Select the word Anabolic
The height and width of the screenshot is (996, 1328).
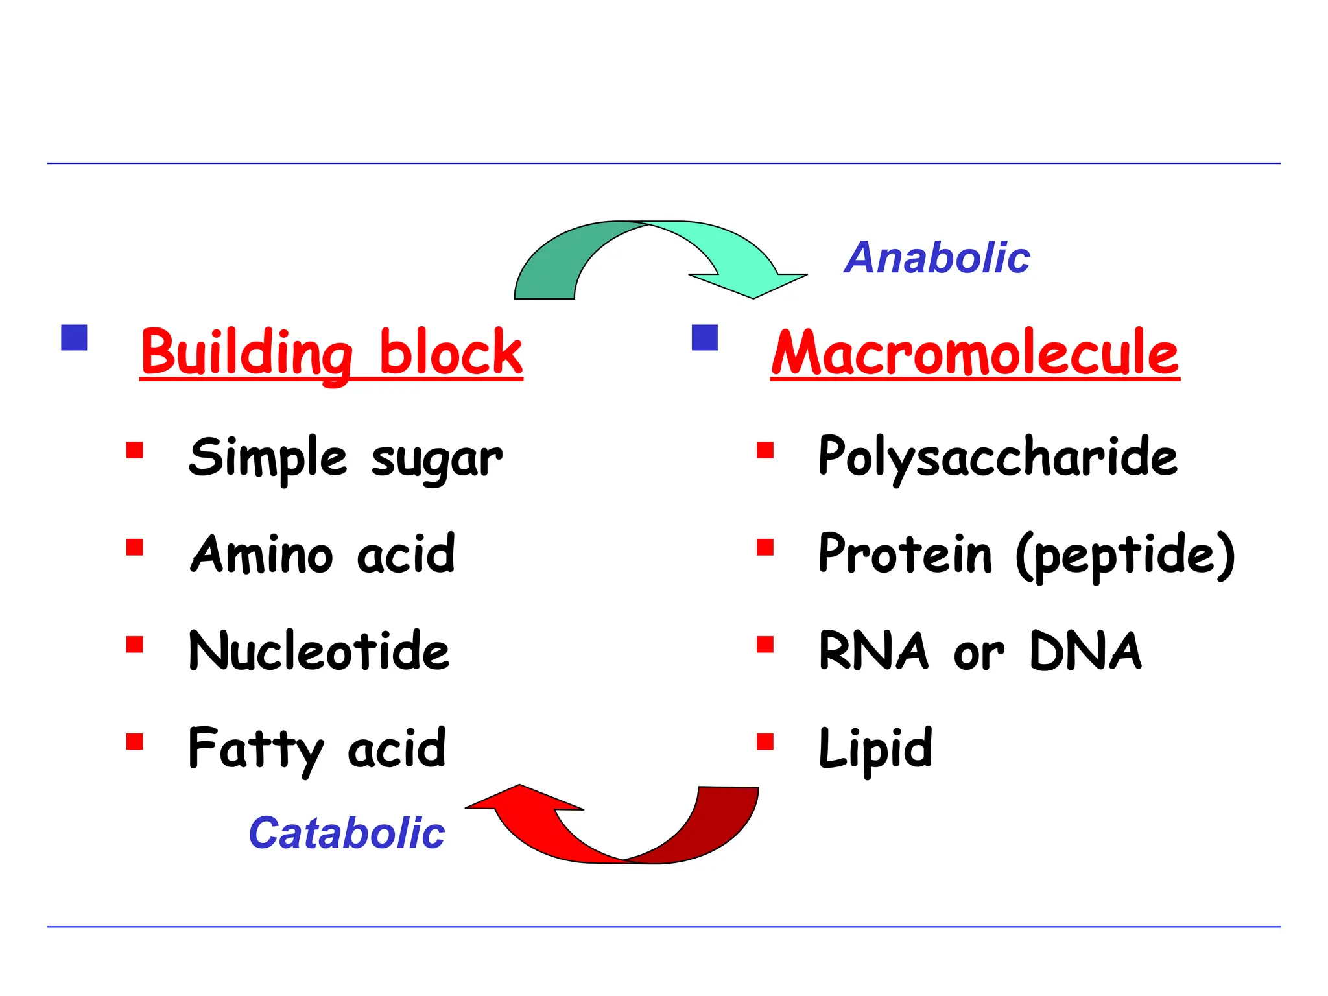click(x=936, y=257)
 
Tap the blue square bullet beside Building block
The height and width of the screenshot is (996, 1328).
click(x=74, y=337)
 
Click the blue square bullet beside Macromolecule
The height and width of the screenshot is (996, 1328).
click(x=705, y=337)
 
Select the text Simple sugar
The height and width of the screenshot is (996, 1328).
click(x=346, y=457)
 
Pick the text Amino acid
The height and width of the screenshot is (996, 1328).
click(x=322, y=554)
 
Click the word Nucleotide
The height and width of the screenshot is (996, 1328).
click(x=318, y=651)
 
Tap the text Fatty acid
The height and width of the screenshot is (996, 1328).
click(x=316, y=748)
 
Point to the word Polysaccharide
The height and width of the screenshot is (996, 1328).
click(x=997, y=457)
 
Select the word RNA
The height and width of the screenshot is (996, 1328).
click(x=873, y=651)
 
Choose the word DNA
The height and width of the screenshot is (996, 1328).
click(x=1085, y=651)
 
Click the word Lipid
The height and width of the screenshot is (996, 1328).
click(x=875, y=748)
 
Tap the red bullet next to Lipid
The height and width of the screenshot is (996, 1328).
click(x=765, y=741)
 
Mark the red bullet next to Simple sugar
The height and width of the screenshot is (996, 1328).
click(x=134, y=450)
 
